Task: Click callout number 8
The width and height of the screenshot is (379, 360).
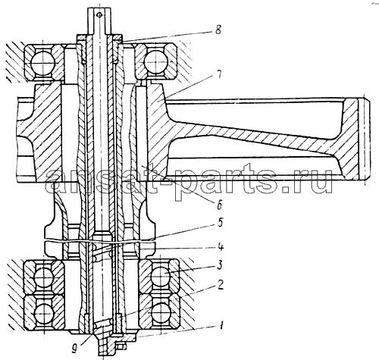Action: point(218,30)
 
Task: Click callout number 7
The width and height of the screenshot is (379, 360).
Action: point(218,75)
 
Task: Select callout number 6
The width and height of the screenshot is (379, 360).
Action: point(219,205)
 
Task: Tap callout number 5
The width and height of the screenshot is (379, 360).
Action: point(220,224)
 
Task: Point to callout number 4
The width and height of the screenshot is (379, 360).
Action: point(221,247)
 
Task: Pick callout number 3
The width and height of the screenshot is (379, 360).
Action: point(219,265)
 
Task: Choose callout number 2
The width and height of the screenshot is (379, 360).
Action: point(221,286)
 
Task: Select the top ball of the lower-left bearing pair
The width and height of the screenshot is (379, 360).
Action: point(43,277)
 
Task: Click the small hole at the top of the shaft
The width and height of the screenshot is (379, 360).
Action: point(100,15)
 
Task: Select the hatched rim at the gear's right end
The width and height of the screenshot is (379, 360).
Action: point(352,139)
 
